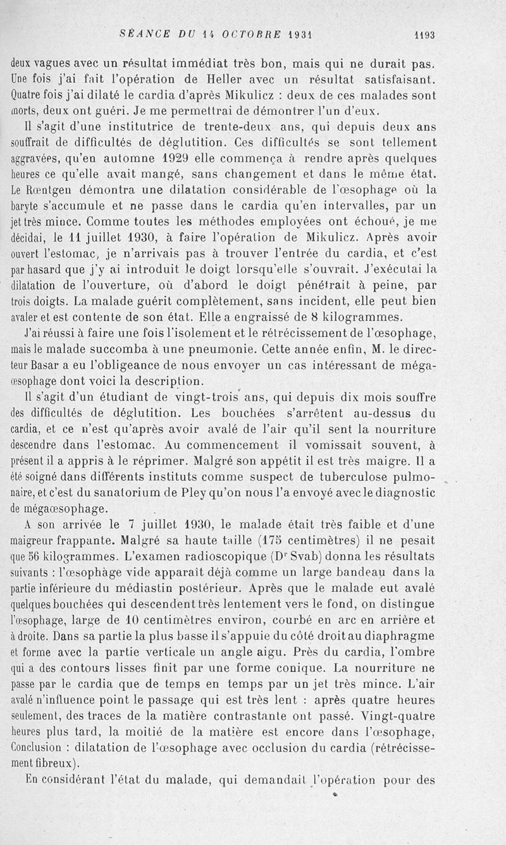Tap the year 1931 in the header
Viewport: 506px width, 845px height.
point(300,35)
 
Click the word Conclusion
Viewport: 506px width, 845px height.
point(39,748)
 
